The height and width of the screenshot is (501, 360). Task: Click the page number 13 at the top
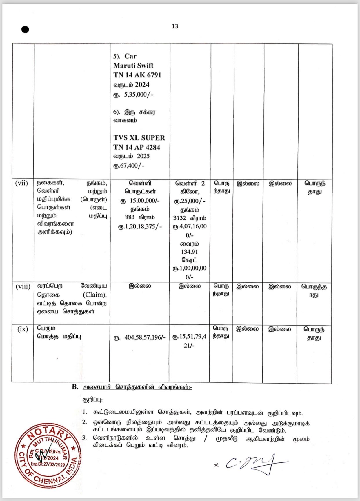(x=175, y=26)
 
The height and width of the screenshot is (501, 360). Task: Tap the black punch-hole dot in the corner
(x=25, y=30)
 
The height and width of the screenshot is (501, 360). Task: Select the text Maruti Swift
(x=133, y=66)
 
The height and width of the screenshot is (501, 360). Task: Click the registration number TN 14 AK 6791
(x=137, y=75)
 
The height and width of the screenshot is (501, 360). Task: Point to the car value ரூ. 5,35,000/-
(x=133, y=95)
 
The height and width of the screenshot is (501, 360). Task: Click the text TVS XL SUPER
(x=139, y=138)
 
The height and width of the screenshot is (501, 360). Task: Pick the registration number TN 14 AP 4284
(x=137, y=147)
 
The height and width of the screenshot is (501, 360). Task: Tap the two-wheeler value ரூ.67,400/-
(x=129, y=166)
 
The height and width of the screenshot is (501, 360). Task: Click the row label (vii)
(x=21, y=183)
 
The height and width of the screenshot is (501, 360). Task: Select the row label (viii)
(x=23, y=286)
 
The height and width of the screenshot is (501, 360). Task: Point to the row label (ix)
(x=23, y=329)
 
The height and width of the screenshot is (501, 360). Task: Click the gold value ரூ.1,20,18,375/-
(x=140, y=226)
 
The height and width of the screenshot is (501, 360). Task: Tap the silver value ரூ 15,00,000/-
(x=140, y=201)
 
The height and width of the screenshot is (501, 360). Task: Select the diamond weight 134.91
(x=190, y=252)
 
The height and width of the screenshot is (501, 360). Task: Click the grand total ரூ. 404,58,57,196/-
(x=139, y=337)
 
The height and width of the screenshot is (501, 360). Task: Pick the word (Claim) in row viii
(x=94, y=295)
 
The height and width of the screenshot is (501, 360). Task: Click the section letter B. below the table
(x=75, y=387)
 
